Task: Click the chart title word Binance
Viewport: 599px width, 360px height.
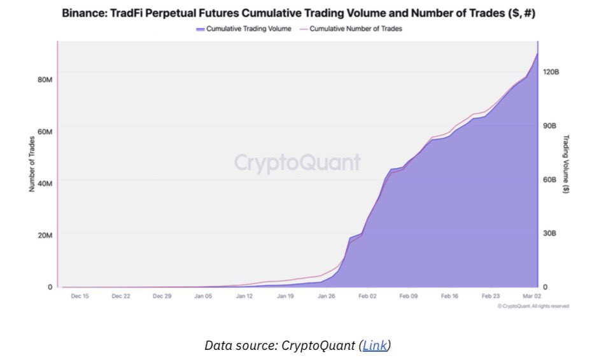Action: (x=84, y=13)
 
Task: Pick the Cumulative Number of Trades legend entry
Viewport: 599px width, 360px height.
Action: (x=355, y=29)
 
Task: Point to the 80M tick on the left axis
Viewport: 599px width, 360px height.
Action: (x=45, y=80)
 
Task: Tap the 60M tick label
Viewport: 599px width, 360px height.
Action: (x=45, y=132)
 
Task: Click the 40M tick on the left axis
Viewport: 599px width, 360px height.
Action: (x=45, y=183)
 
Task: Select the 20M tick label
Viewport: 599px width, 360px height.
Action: (x=45, y=235)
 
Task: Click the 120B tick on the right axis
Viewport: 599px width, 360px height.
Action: (x=550, y=73)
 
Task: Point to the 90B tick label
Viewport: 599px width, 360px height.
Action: (x=550, y=126)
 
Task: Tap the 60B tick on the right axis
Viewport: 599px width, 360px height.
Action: (x=550, y=180)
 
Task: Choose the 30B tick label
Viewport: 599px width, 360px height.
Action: (x=550, y=233)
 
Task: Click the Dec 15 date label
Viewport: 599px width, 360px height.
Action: (x=80, y=296)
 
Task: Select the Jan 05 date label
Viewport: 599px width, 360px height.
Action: (x=203, y=296)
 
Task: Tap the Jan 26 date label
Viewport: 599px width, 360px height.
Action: (x=327, y=296)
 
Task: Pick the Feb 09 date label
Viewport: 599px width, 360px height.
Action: (x=409, y=296)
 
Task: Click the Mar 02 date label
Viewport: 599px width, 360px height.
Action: (x=532, y=296)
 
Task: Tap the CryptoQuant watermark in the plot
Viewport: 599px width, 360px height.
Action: (x=297, y=163)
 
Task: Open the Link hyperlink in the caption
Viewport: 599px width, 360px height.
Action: (x=374, y=345)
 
